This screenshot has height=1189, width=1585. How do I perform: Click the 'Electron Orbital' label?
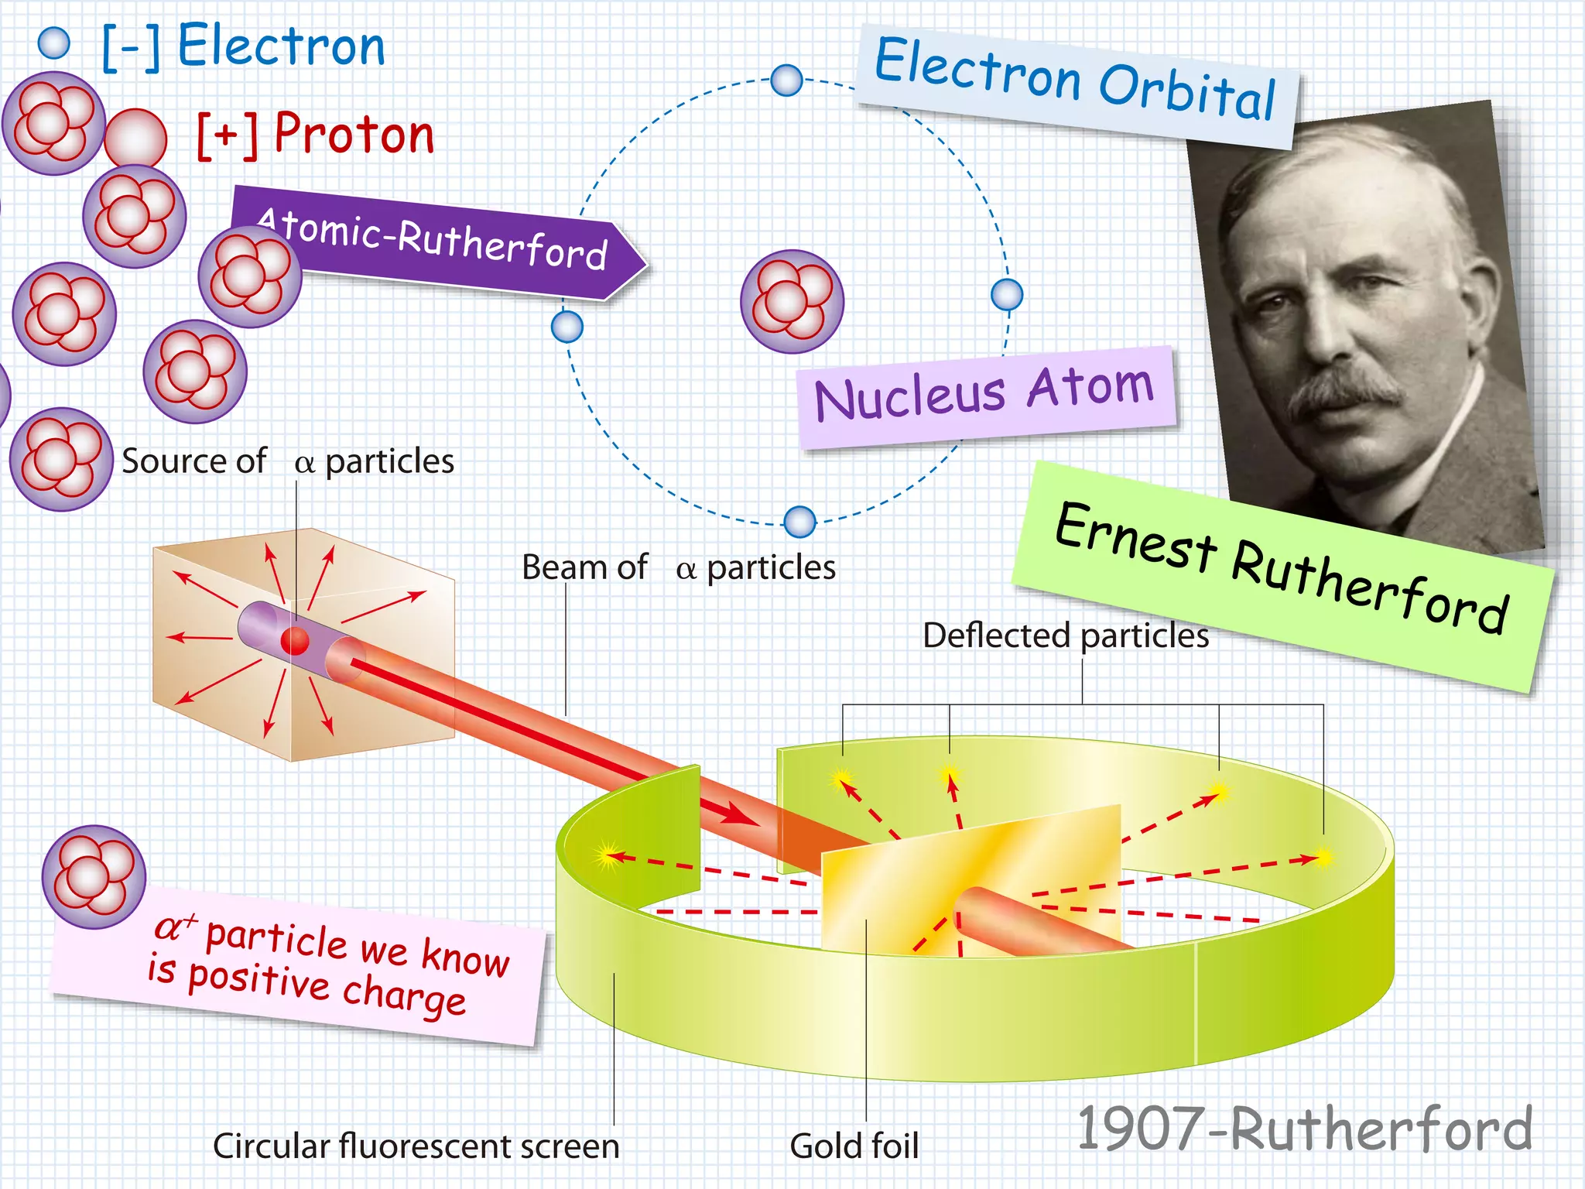coord(1076,81)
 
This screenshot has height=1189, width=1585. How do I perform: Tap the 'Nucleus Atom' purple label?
coord(984,395)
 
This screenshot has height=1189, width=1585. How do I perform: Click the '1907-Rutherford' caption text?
coord(1304,1128)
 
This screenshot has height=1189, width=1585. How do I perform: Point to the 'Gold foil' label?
coord(854,1146)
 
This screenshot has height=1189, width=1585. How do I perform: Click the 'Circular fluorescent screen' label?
coord(416,1146)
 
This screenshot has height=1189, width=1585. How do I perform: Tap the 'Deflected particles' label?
coord(1065,636)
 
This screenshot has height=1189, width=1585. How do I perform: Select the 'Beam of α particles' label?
coord(678,567)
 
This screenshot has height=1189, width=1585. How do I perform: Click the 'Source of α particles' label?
coord(287,461)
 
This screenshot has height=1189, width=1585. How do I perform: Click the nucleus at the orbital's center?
coord(792,301)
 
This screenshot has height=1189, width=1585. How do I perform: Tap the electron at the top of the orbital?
coord(786,80)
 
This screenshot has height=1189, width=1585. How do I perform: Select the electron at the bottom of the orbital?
coord(799,522)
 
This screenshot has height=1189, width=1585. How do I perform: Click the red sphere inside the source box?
coord(295,641)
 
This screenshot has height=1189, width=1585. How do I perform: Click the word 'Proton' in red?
coord(354,134)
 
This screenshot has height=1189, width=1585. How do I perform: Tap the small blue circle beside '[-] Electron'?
coord(54,43)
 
